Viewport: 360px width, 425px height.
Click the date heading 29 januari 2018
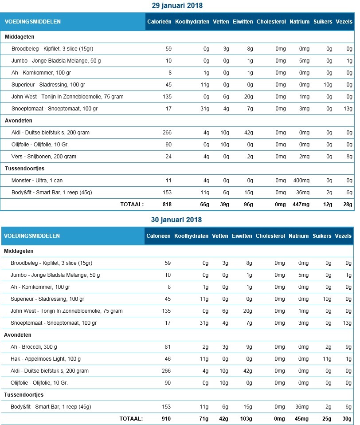click(x=177, y=6)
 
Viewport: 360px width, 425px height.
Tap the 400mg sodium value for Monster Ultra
click(x=301, y=181)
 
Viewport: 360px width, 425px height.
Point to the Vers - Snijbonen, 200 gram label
click(x=44, y=157)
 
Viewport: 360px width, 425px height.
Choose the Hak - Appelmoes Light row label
click(x=45, y=358)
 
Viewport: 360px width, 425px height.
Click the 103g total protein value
click(x=245, y=418)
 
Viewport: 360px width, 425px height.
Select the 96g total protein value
click(x=247, y=205)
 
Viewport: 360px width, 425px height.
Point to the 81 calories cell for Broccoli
click(x=167, y=346)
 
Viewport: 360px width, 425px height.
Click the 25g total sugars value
click(x=327, y=418)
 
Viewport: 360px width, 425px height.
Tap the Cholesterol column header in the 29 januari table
click(x=271, y=22)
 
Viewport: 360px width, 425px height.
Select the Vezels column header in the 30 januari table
click(x=344, y=236)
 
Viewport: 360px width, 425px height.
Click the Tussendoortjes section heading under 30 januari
click(x=24, y=394)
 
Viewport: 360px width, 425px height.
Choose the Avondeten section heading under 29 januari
click(x=19, y=121)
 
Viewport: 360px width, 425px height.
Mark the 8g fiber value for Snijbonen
click(x=349, y=157)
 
